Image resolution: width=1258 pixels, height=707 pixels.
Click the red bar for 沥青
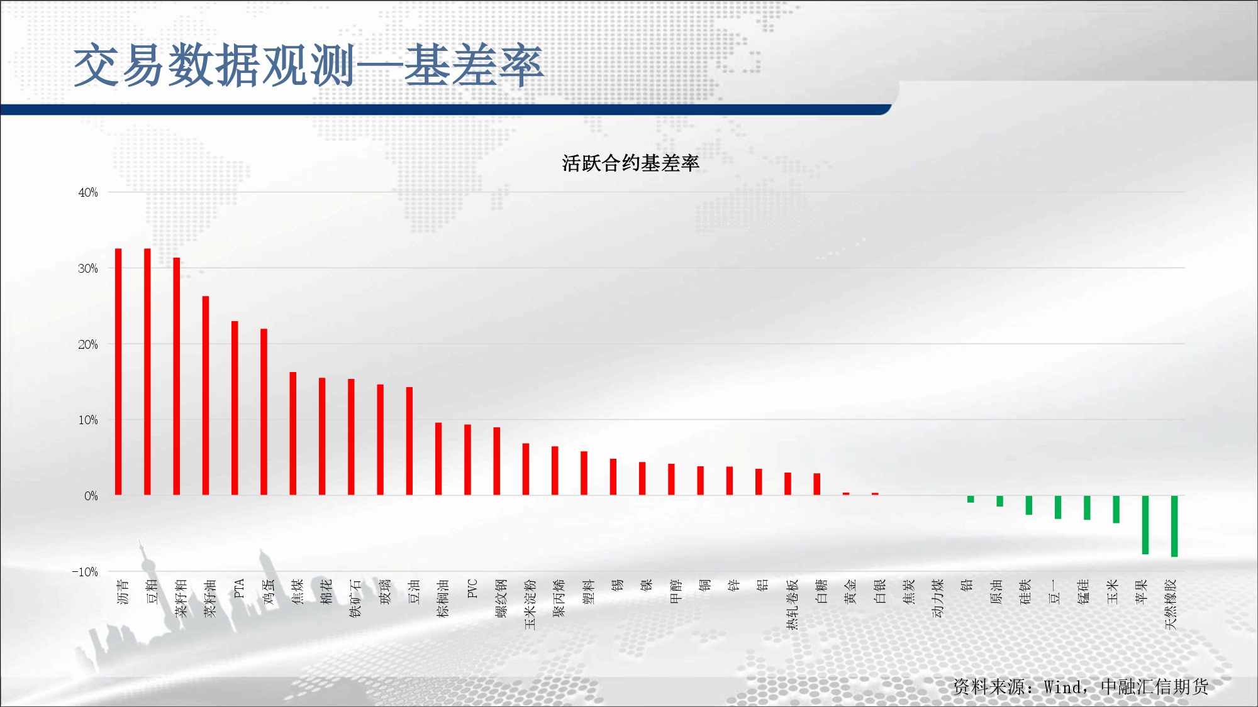[x=118, y=372]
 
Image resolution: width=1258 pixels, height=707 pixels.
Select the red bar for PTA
[x=235, y=408]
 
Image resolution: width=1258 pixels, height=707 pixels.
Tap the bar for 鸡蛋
[x=264, y=412]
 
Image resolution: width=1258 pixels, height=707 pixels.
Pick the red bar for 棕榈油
[x=438, y=459]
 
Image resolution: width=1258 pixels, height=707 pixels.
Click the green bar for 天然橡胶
[x=1174, y=526]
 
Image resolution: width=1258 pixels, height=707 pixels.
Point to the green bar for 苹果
[x=1145, y=525]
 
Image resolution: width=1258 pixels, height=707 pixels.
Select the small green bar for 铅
[x=971, y=499]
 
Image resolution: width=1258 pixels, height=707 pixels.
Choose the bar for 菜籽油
[x=206, y=396]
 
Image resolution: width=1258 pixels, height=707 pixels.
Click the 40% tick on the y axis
[x=88, y=192]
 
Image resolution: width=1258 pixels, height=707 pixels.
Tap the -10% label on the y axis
[x=85, y=572]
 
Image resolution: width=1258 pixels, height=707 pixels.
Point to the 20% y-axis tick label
[x=88, y=344]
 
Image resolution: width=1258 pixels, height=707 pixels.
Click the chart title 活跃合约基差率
[x=630, y=163]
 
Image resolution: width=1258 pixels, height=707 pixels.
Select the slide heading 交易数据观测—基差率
[x=308, y=65]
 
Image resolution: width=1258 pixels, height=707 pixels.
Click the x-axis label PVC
[x=472, y=588]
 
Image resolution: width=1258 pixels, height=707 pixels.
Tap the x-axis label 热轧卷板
[x=792, y=605]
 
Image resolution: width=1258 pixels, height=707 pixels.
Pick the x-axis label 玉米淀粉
[x=530, y=605]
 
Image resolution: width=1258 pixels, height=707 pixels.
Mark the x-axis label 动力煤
[x=938, y=598]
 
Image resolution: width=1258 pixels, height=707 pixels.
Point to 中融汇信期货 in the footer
[x=1154, y=687]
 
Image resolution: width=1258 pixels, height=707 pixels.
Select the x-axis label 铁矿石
[x=355, y=598]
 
